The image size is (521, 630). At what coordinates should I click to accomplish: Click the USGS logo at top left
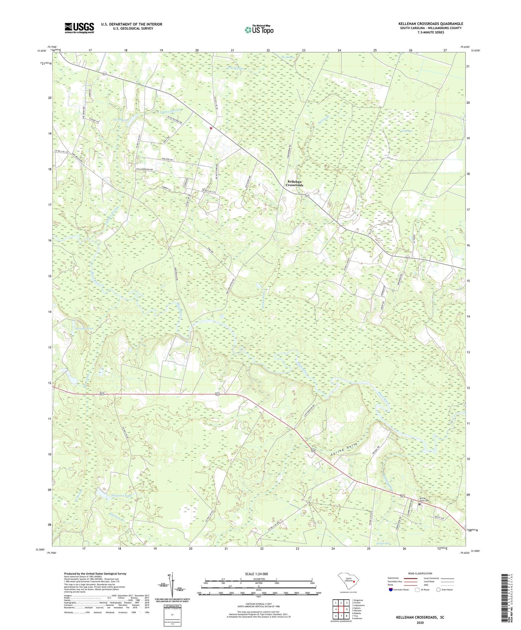pos(79,28)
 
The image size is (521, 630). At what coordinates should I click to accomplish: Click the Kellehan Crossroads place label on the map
pos(294,183)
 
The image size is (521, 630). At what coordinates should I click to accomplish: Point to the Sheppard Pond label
pos(121,496)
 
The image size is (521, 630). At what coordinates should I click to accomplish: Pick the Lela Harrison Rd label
pos(144,169)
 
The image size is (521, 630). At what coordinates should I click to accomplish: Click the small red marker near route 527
pos(211,127)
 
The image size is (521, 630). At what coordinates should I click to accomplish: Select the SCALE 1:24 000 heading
pos(256,574)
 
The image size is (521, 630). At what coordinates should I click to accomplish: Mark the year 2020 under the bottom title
pos(420,622)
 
